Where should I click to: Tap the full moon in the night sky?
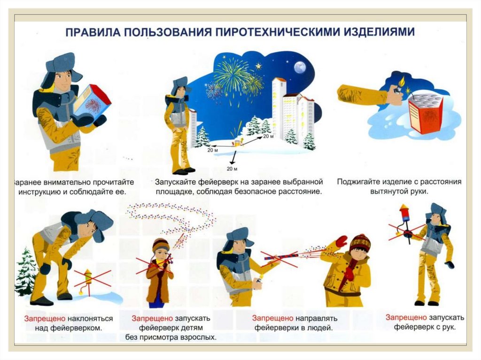[300, 68]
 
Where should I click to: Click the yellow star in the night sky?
[259, 66]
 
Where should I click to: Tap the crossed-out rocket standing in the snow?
[88, 281]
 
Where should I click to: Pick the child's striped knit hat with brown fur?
[161, 245]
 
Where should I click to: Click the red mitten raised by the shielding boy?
[341, 242]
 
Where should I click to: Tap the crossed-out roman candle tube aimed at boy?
[281, 256]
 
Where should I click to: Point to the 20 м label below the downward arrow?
[232, 169]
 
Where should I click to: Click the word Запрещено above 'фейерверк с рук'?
[406, 318]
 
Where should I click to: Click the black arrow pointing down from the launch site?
[233, 157]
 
